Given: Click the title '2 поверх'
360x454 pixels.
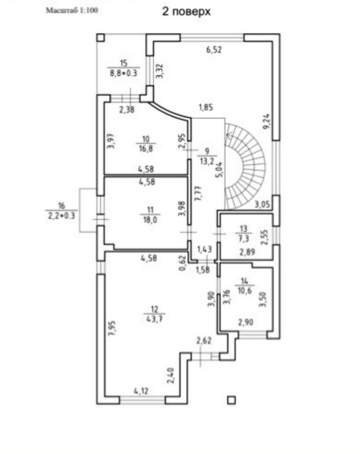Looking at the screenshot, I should click(187, 12).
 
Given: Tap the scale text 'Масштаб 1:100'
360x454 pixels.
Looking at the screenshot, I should click(72, 10).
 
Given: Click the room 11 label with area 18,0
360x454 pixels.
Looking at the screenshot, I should click(150, 214).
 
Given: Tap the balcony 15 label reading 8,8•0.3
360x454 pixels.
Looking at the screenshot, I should click(124, 68).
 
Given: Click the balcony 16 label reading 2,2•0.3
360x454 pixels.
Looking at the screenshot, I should click(61, 211).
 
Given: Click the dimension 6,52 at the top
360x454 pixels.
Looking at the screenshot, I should click(214, 49).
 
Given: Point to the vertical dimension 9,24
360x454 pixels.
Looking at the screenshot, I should click(266, 121).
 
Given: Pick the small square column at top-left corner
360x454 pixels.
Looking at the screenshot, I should click(100, 37).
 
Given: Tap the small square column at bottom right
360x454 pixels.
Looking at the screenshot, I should click(232, 400).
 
